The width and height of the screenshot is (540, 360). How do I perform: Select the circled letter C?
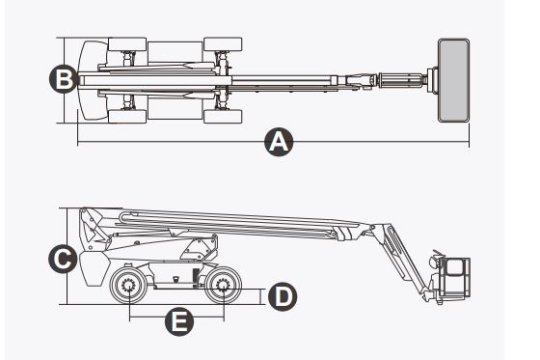pos(63,258)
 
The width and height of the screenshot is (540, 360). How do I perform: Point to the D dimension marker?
pos(281,296)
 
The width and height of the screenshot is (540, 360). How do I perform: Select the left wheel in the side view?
pos(129,287)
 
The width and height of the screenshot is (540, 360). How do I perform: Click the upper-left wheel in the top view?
pos(126,43)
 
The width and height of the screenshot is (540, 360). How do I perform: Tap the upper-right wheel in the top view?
pos(224,43)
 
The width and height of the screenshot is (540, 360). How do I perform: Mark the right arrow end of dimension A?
pos(468,143)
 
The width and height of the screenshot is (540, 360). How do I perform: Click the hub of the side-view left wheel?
pos(129,287)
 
